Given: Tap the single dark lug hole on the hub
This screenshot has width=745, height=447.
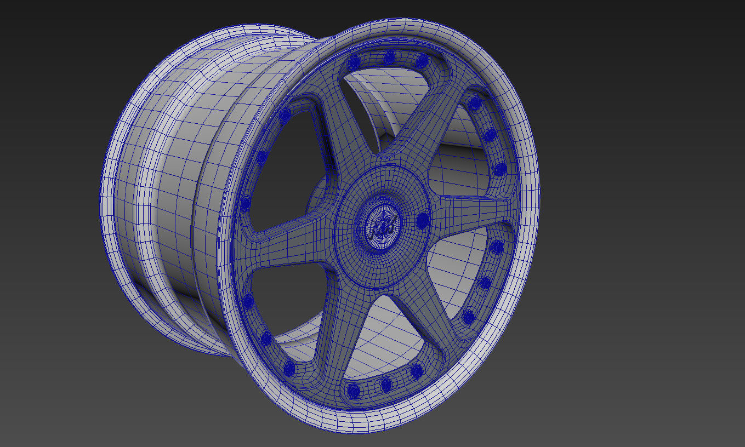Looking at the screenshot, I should point(422,221).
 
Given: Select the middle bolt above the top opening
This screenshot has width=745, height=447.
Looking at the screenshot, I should point(390,57).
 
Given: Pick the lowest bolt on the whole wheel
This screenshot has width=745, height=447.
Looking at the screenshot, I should point(354,391).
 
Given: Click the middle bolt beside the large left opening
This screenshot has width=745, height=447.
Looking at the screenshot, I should point(262,157).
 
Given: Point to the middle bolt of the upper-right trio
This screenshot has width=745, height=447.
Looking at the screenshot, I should point(490,135).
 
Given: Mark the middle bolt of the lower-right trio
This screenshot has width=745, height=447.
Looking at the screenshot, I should point(486,283).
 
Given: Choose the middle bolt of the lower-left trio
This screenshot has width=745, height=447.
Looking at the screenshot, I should point(266,338).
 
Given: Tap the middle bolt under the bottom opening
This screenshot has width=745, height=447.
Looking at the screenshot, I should point(386,384).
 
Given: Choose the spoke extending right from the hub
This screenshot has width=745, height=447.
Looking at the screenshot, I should point(471,211).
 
